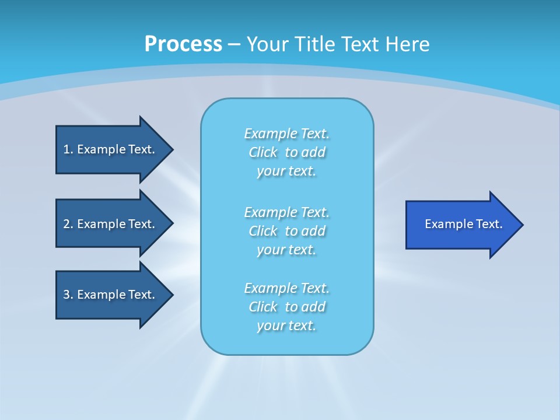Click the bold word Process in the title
183,44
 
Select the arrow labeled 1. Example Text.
111,149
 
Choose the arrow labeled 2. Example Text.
111,224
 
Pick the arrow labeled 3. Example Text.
111,295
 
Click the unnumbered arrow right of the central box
461,225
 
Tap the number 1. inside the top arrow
68,149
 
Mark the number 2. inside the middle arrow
68,224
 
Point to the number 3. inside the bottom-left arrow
68,295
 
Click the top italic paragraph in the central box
286,152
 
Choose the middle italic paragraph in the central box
286,231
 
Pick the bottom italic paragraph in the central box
286,307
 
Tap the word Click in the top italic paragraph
262,153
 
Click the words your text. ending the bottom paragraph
286,326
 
